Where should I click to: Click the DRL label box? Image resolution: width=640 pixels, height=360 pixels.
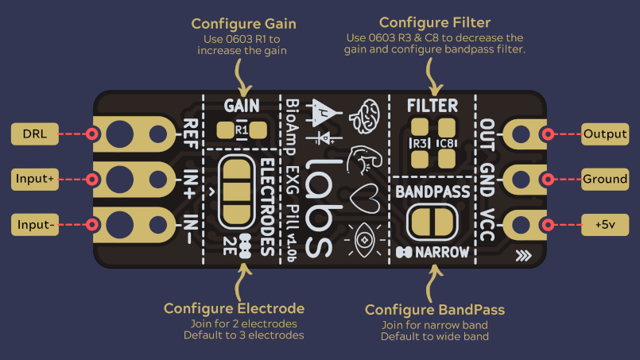35,134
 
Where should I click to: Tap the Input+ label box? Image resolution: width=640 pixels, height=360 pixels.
35,179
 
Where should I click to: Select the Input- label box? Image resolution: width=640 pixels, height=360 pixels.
35,224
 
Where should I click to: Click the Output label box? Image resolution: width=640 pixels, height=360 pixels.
605,134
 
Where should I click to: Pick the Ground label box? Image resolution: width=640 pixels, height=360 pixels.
605,179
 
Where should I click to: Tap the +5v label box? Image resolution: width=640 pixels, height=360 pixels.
605,224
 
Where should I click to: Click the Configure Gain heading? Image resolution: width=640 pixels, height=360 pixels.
243,24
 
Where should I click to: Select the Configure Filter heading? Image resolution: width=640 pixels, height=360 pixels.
435,22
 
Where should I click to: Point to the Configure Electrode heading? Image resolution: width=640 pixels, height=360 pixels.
234,308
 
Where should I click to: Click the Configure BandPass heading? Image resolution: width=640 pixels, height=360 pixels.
435,310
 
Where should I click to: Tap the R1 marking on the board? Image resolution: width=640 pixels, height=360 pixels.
242,130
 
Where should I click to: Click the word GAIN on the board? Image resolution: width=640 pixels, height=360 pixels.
242,106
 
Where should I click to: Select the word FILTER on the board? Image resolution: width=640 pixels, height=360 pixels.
432,106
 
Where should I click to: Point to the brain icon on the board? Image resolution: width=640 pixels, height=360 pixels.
364,116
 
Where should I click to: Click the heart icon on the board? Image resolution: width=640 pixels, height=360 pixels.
364,199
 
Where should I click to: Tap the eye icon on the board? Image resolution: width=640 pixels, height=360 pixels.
364,240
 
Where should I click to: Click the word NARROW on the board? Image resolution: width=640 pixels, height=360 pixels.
442,252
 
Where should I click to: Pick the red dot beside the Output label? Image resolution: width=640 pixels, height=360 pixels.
548,134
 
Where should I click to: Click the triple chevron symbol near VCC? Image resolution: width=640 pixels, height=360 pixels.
524,256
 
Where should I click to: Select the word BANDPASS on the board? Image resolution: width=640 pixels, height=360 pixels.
432,192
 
